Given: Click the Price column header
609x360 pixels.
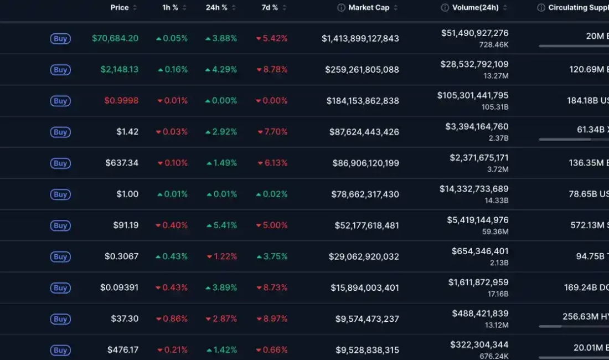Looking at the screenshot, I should tap(120, 8).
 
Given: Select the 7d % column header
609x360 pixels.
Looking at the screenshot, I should tap(270, 8).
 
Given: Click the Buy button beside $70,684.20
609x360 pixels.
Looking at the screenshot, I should tap(60, 39).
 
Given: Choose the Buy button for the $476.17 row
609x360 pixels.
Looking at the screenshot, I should tap(60, 350).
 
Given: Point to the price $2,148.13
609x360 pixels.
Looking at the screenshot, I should tap(120, 70).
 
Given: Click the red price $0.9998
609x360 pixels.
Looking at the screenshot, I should tap(121, 101).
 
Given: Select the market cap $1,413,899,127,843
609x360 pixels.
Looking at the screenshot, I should tap(360, 39).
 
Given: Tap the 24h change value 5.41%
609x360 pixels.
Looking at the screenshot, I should tap(225, 225).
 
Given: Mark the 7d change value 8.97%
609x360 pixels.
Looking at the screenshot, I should tap(275, 319).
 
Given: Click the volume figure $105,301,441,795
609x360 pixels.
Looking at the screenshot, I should tap(473, 95).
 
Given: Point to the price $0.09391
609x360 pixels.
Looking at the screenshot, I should tap(120, 288).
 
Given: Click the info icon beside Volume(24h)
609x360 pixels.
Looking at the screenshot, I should tap(445, 8).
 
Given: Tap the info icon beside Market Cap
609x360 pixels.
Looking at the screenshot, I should tap(342, 8).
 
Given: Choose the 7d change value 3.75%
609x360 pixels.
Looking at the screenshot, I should tap(275, 256).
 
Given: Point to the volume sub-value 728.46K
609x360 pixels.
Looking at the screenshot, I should tap(494, 44).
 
